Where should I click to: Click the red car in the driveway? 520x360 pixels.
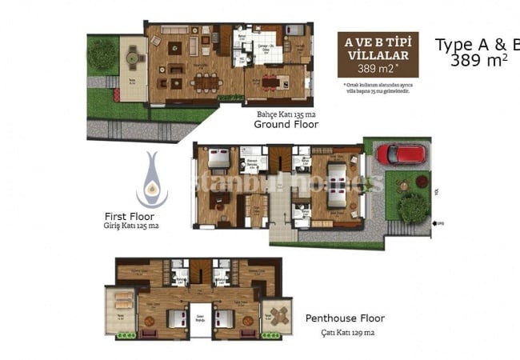click(402, 154)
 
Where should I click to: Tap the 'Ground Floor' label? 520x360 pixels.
click(286, 125)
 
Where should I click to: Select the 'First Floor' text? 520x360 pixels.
click(130, 216)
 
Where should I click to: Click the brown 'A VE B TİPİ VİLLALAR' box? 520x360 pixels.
click(378, 54)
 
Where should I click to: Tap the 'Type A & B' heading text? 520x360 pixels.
click(476, 45)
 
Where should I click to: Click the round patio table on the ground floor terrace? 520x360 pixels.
click(134, 58)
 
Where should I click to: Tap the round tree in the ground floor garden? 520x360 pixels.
click(102, 54)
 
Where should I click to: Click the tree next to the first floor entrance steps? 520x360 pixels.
click(413, 207)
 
